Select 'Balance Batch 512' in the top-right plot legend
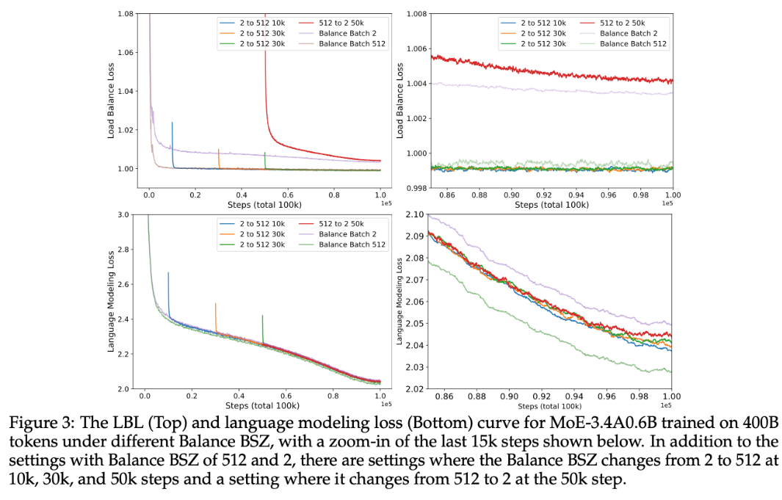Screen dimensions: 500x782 point(632,43)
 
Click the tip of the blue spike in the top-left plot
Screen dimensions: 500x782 point(173,123)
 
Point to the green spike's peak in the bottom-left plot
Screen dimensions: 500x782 point(262,316)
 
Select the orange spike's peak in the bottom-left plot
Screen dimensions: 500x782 point(215,303)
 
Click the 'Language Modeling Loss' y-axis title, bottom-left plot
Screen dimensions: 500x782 point(112,301)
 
